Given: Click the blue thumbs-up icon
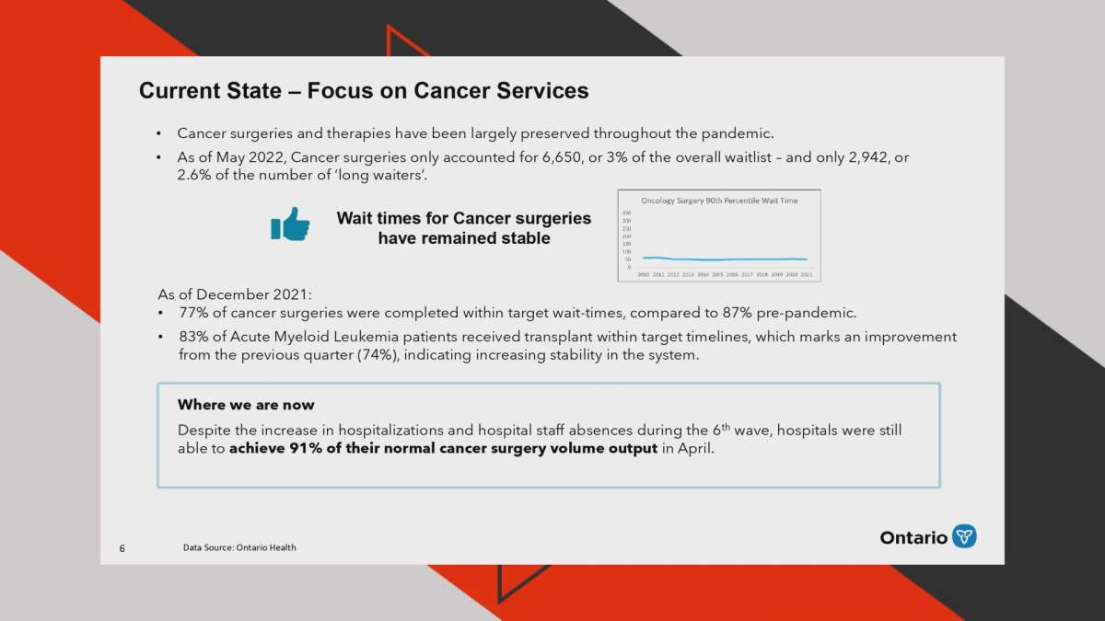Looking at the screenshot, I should tap(290, 224).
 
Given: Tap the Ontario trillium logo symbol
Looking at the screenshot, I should tap(964, 536).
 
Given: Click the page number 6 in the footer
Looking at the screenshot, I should tap(122, 548).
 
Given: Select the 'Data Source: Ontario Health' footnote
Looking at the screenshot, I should tap(239, 547).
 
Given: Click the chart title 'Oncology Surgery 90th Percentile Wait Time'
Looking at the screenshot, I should tap(718, 200).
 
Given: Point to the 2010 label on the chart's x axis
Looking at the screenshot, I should tap(644, 274).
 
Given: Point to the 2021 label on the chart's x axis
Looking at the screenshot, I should tap(806, 274).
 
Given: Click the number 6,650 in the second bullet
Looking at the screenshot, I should tap(563, 157).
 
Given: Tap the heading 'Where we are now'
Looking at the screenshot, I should tap(246, 405).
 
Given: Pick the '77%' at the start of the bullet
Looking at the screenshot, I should tap(194, 313).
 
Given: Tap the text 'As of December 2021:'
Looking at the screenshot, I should tap(235, 294).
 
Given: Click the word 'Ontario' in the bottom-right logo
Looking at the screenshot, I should tap(913, 537).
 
